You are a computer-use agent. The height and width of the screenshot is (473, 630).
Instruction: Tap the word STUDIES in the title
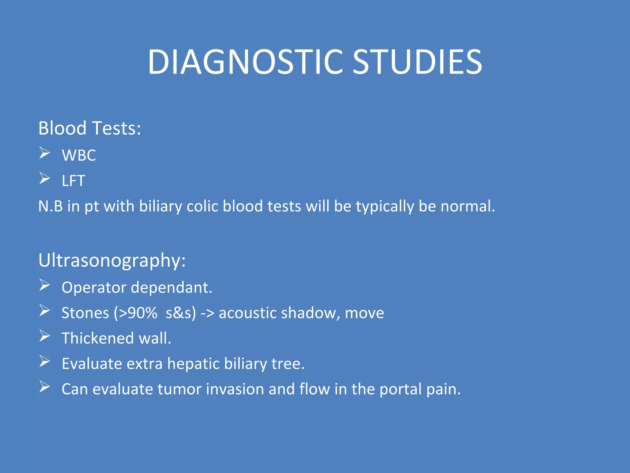tap(417, 62)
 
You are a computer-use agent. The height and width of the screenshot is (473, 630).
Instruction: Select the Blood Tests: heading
tap(90, 128)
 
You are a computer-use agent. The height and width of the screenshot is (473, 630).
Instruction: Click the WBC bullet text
tap(79, 155)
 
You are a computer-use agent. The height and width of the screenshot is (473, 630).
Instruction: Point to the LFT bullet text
tap(73, 181)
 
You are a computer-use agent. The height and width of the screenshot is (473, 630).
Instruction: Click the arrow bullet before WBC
tap(45, 153)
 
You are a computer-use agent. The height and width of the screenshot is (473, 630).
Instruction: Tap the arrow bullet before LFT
tap(45, 179)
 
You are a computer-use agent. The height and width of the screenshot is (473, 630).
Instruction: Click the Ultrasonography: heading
tap(112, 261)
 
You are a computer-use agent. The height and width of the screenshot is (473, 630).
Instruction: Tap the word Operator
tap(94, 288)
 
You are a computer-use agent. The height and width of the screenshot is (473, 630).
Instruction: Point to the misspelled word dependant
tap(171, 288)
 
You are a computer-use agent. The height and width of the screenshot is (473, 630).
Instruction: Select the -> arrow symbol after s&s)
tap(207, 313)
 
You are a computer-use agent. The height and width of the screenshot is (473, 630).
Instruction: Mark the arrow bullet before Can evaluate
tap(45, 387)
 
